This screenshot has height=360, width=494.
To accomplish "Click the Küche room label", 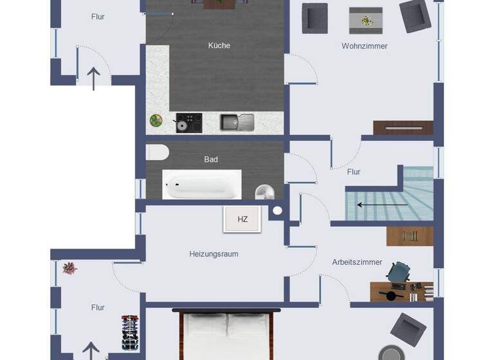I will click(219, 46).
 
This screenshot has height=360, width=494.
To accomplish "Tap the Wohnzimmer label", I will click(364, 46).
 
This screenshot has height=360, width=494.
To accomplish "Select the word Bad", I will click(211, 159).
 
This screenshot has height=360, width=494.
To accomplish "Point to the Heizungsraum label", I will click(214, 254).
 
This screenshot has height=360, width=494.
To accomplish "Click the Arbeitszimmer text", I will click(357, 262).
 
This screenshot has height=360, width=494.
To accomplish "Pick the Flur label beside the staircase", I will click(354, 172).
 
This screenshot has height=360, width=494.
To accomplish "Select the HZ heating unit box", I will click(242, 219).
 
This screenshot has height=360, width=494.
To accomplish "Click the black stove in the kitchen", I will click(188, 122).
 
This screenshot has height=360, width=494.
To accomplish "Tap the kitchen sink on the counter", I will click(237, 122).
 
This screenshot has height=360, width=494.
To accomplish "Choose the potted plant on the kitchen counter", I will click(156, 120).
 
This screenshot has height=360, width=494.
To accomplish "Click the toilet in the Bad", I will click(157, 152).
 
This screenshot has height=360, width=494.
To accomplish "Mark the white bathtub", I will click(202, 184).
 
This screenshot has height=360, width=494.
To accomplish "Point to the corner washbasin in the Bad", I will click(264, 192).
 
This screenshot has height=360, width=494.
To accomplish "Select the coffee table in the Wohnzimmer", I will click(365, 21).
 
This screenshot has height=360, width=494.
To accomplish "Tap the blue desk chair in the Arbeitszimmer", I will click(399, 273).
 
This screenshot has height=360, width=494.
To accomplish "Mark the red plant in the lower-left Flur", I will click(69, 267).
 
